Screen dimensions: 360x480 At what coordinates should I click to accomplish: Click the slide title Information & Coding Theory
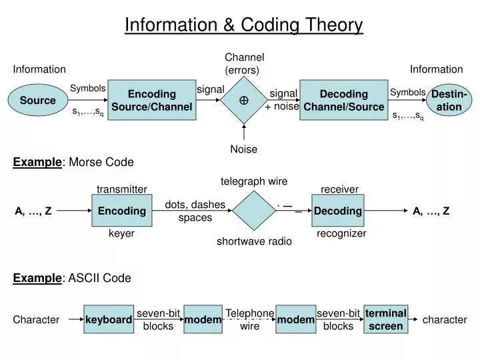[x=243, y=25]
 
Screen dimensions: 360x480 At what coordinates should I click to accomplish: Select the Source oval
[x=37, y=100]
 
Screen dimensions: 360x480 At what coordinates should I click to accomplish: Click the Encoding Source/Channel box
[x=152, y=100]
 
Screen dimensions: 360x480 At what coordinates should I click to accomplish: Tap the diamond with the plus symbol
[x=244, y=100]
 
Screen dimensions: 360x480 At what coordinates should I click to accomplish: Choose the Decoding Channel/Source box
[x=343, y=100]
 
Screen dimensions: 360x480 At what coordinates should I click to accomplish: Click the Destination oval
[x=449, y=100]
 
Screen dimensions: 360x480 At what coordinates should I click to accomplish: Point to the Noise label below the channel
[x=243, y=149]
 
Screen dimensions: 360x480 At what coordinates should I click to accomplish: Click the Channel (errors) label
[x=244, y=63]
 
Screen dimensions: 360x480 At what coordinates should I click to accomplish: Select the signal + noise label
[x=283, y=100]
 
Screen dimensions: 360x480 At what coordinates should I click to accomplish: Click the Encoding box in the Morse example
[x=122, y=211]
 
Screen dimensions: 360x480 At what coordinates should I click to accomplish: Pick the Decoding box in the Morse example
[x=338, y=211]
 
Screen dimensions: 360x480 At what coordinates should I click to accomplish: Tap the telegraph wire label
[x=254, y=181]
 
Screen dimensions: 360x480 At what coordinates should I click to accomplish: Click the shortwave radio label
[x=254, y=241]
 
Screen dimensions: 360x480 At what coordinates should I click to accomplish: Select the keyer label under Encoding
[x=122, y=233]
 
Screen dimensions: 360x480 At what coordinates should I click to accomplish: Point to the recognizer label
[x=341, y=233]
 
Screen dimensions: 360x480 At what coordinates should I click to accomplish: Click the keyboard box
[x=109, y=320]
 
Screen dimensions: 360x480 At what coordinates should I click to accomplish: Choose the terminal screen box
[x=386, y=319]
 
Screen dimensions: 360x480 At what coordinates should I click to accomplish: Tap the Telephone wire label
[x=250, y=319]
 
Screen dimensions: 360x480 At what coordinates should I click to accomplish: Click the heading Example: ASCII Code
[x=72, y=278]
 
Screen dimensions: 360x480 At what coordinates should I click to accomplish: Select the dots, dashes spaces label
[x=195, y=211]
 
